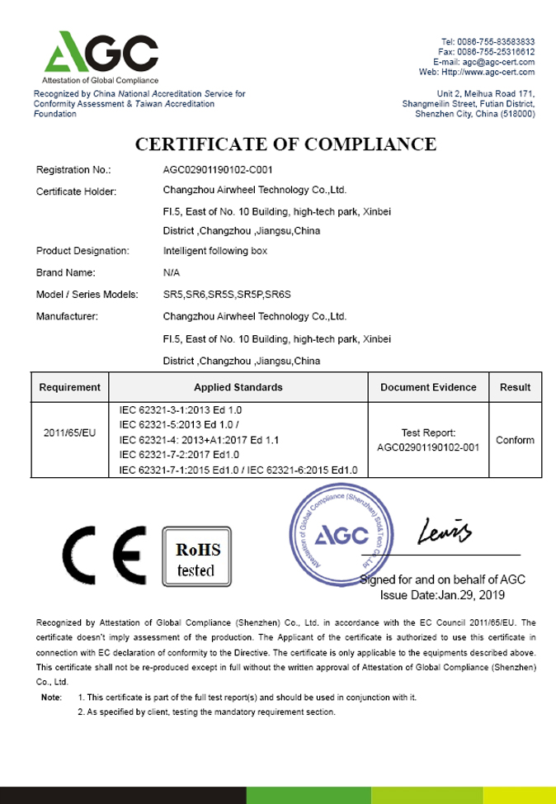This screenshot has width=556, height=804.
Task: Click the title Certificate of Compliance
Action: [285, 144]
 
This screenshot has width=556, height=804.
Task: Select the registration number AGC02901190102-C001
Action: [213, 170]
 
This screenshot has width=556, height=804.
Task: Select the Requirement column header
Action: [70, 386]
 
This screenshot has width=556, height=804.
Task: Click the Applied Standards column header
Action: [238, 386]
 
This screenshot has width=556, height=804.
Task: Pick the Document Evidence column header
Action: [428, 386]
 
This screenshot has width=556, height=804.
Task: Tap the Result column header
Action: [515, 386]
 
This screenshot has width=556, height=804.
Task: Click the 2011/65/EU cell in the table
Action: [70, 433]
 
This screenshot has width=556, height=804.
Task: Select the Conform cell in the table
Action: [515, 440]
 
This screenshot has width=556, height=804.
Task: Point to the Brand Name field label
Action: [66, 272]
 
